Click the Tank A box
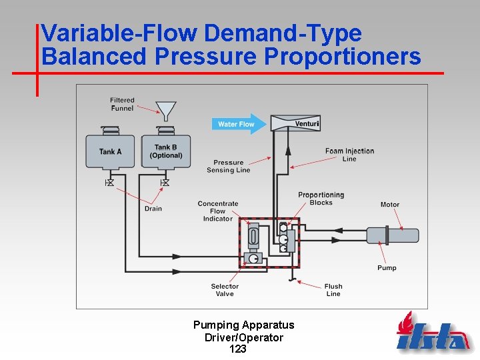click(x=110, y=151)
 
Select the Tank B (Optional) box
click(x=166, y=151)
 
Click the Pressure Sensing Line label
click(x=229, y=166)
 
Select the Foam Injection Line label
click(x=349, y=155)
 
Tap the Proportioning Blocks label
click(x=321, y=199)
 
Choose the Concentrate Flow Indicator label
click(x=218, y=211)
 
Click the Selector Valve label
click(x=225, y=290)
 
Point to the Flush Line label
click(x=333, y=290)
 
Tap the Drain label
click(x=153, y=209)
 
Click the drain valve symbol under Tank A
click(x=110, y=182)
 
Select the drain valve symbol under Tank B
click(x=165, y=182)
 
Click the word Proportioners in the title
click(x=342, y=57)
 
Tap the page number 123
click(x=237, y=349)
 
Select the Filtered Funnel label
click(x=122, y=104)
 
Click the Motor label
click(x=390, y=205)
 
